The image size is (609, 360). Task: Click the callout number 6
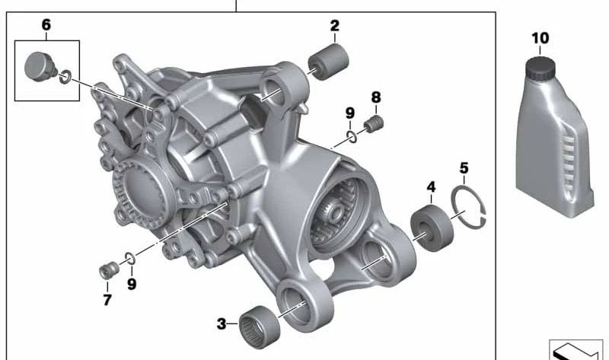click(46, 25)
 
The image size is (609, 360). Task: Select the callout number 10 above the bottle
click(540, 37)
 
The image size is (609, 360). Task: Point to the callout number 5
click(464, 167)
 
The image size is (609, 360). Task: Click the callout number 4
click(431, 186)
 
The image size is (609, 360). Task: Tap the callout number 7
click(107, 300)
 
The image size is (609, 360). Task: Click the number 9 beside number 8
click(349, 113)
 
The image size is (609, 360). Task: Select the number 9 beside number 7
click(132, 284)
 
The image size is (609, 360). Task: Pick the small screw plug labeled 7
click(109, 269)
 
